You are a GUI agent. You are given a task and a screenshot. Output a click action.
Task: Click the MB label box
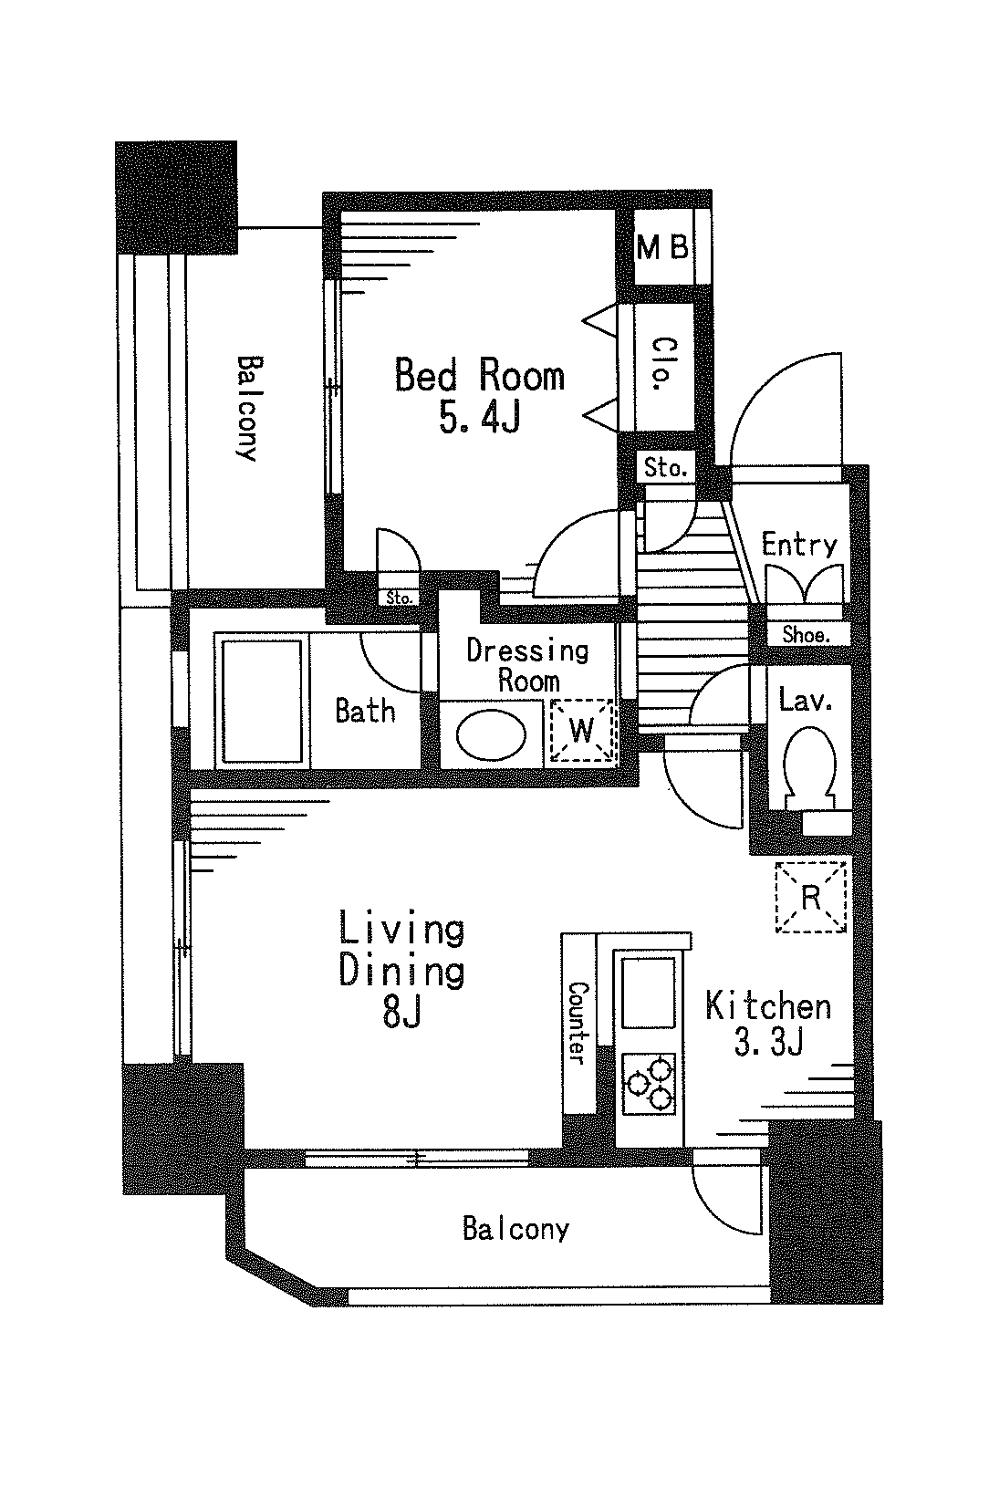pyautogui.click(x=663, y=248)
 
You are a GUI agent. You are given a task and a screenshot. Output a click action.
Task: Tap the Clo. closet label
pyautogui.click(x=663, y=363)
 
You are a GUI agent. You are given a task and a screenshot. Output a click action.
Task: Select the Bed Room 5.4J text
pyautogui.click(x=480, y=395)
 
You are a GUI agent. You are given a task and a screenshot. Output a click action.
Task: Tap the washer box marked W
pyautogui.click(x=582, y=730)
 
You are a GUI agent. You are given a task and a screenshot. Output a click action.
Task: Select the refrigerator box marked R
pyautogui.click(x=811, y=897)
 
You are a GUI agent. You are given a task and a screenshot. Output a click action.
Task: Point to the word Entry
pyautogui.click(x=799, y=545)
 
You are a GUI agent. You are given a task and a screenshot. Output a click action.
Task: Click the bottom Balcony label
pyautogui.click(x=516, y=1228)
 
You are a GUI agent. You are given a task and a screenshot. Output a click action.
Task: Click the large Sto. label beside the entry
pyautogui.click(x=665, y=468)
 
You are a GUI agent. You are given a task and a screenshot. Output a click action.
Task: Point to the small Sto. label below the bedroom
pyautogui.click(x=400, y=598)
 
